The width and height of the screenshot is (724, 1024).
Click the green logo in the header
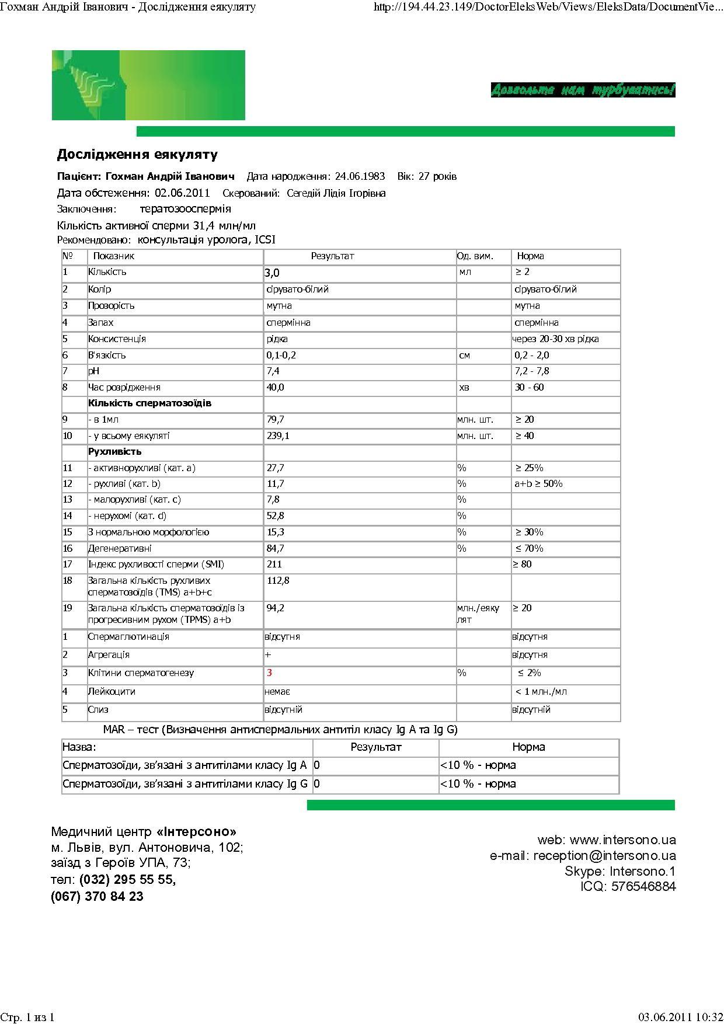[148, 85]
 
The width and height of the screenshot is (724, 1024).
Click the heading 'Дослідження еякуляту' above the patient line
[137, 155]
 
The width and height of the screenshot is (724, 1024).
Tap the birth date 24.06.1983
[360, 176]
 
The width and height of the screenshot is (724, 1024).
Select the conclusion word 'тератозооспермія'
[185, 209]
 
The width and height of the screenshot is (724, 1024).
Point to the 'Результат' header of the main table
[332, 256]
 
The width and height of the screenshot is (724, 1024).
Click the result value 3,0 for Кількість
[272, 273]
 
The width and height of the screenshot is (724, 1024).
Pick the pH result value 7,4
[273, 371]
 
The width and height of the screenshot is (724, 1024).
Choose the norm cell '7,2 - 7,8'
[531, 371]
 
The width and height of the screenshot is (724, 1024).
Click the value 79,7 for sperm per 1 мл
[275, 420]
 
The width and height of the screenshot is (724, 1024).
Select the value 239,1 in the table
[278, 436]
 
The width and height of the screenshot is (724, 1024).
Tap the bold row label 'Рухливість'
[114, 452]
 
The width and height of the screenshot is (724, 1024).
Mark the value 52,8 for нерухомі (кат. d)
[275, 516]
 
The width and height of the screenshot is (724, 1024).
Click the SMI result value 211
[274, 565]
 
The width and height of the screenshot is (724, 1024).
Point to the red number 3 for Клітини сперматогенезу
[270, 673]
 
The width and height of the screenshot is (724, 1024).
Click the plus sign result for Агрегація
[268, 655]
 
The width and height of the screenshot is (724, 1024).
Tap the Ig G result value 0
[317, 784]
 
